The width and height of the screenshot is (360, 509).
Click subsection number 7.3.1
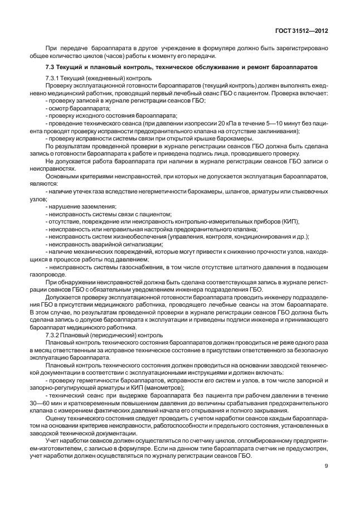pos(53,77)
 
